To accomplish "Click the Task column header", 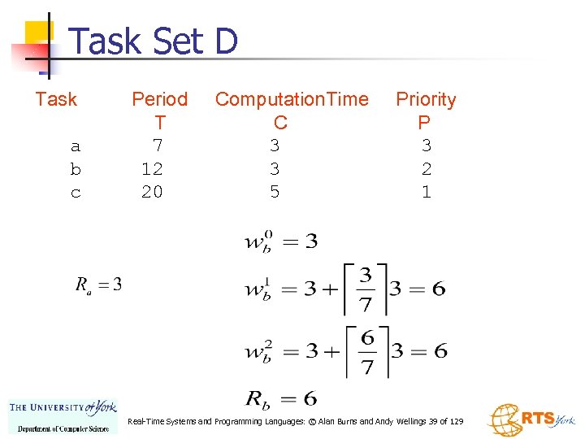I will click(x=56, y=99).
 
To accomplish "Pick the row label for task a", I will click(x=76, y=146).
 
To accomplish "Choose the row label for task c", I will click(x=76, y=193).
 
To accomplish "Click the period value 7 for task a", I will click(x=158, y=146).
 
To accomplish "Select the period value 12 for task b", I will click(x=152, y=169).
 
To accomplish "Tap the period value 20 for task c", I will click(x=152, y=192).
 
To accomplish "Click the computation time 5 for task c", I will click(x=275, y=192).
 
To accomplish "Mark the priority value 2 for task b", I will click(x=426, y=169).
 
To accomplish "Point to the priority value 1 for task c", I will click(x=426, y=192).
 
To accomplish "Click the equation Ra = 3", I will click(x=98, y=285).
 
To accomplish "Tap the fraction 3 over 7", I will click(x=366, y=289).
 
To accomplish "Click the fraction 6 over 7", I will click(x=367, y=352).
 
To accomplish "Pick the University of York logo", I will click(x=63, y=415).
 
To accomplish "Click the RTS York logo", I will click(x=531, y=419).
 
